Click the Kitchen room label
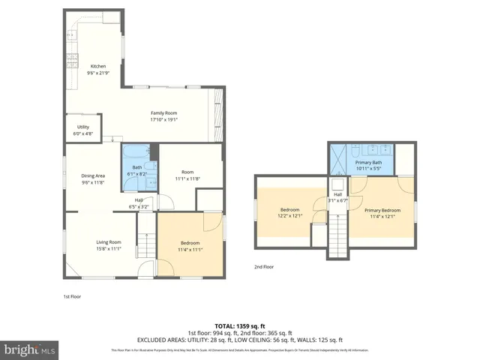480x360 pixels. coord(99,65)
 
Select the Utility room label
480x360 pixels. coord(82,127)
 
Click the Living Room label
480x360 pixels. coord(109,241)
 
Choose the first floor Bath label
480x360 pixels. coord(137,167)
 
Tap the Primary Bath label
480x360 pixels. coord(368,163)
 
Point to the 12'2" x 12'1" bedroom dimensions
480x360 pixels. coord(291,215)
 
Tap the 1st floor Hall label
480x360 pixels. coord(139,199)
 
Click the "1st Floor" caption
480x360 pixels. coord(71,296)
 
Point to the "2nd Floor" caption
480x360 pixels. coord(263,266)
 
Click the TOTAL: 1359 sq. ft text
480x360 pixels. coord(240,325)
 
